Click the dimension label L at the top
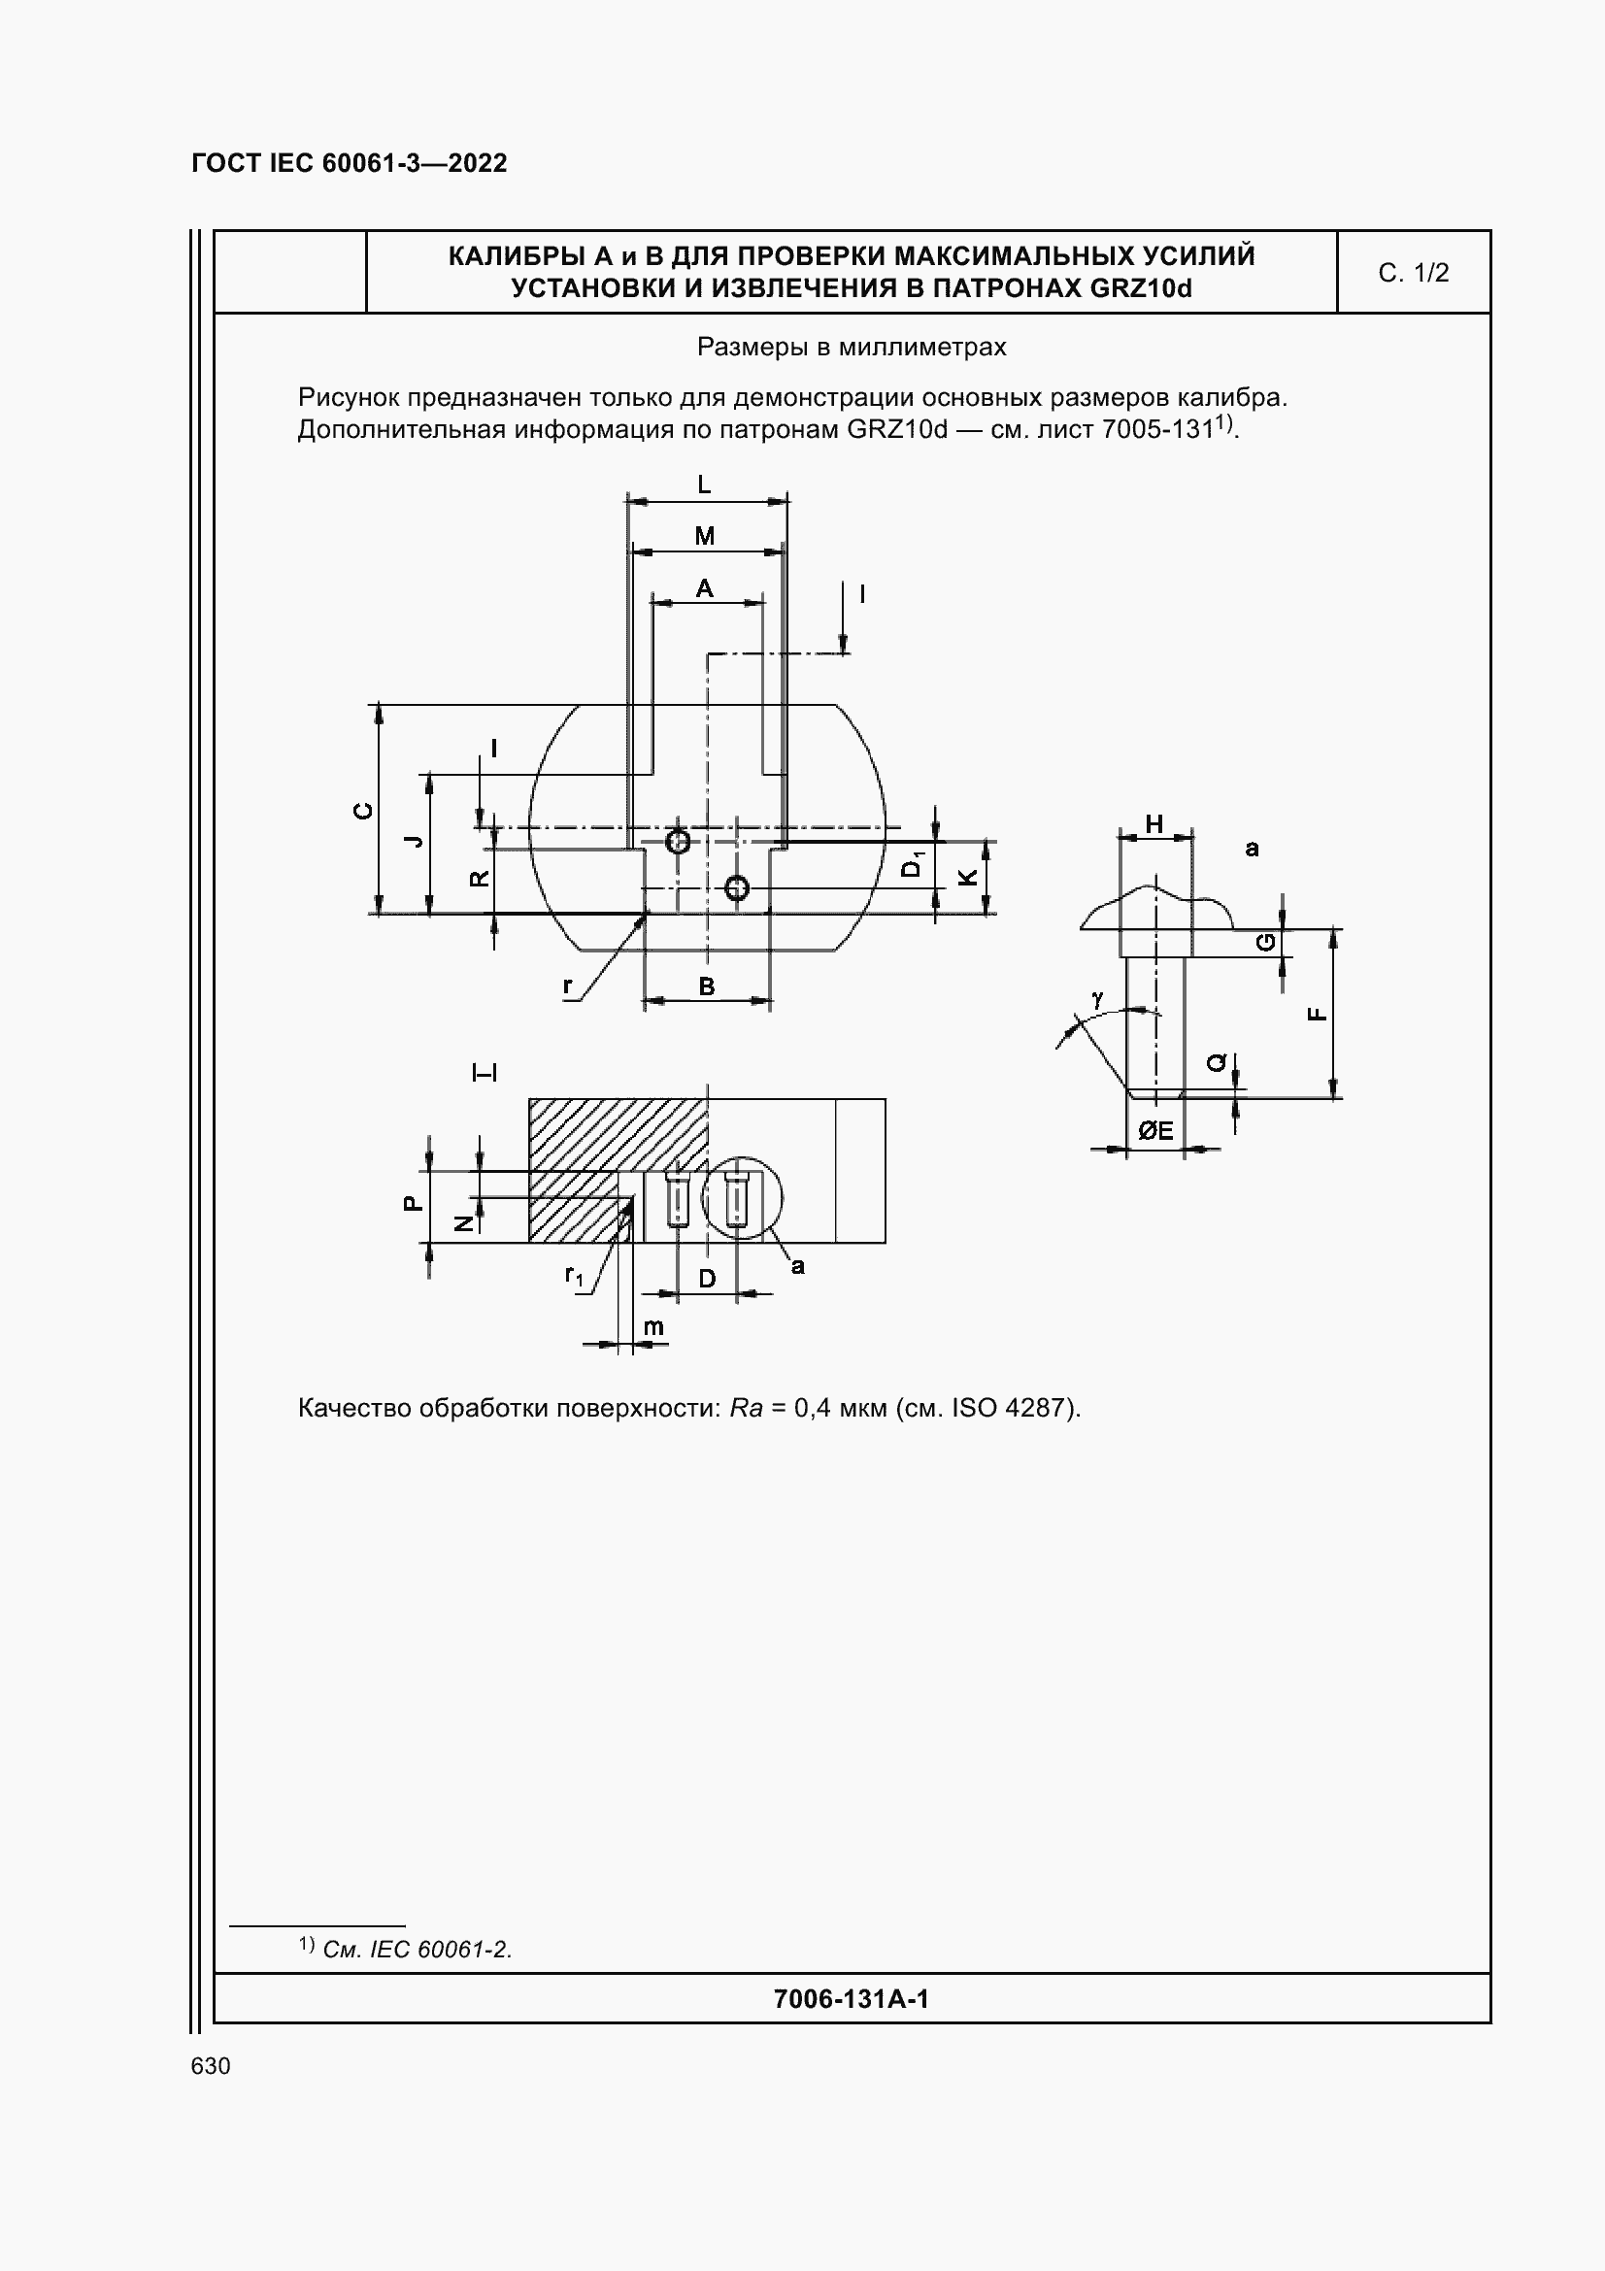pos(704,484)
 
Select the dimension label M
pos(704,536)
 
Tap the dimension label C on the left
pos(364,810)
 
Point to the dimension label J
pos(415,841)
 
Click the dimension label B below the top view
pos(706,986)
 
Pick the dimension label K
pos(968,877)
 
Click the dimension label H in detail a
pos(1154,824)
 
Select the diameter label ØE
pos(1155,1130)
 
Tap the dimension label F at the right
pos(1318,1014)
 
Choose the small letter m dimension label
pos(653,1326)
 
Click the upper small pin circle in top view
pos(678,842)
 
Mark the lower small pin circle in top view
pos(736,888)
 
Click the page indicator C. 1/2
pos(1413,273)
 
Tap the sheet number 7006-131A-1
pos(851,1999)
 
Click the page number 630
pos(211,2066)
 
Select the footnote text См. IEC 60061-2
pos(417,1950)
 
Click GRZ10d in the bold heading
pos(1142,288)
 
